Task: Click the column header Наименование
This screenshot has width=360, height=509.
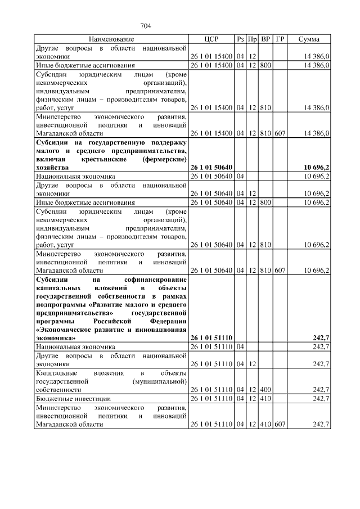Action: tap(111, 39)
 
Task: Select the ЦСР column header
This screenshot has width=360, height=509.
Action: tap(211, 39)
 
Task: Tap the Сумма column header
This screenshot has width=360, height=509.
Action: tap(309, 39)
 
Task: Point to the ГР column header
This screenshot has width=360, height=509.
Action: tap(280, 39)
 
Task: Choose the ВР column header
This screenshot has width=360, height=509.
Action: tap(266, 39)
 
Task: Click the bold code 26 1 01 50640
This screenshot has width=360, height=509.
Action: tap(211, 168)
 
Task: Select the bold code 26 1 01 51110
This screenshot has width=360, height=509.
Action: tap(211, 337)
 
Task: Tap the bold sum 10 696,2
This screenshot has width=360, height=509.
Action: tap(316, 168)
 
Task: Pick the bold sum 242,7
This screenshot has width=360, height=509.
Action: tap(320, 337)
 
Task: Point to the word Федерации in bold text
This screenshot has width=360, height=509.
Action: tap(167, 321)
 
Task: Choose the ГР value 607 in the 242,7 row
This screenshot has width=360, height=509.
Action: tap(280, 424)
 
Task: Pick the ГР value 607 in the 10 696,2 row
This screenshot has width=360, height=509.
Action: tap(280, 270)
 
